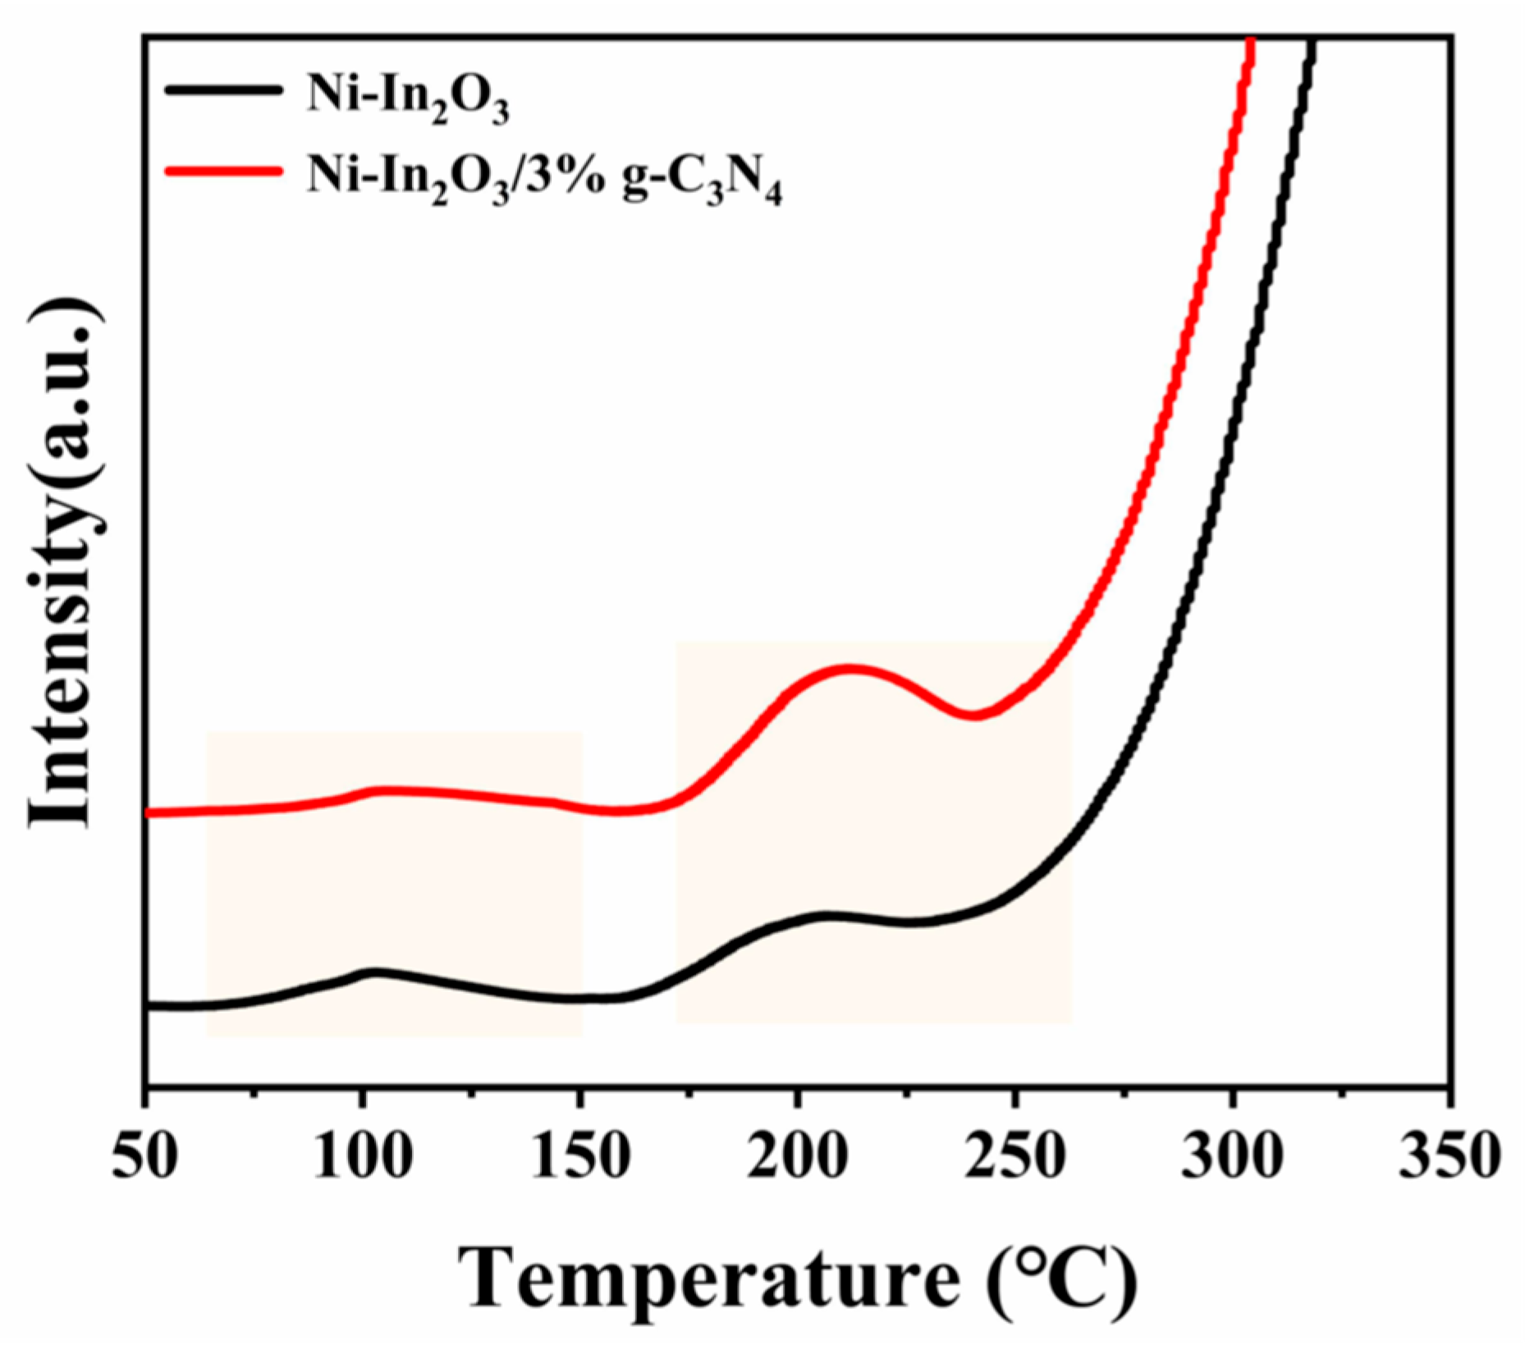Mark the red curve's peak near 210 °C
[850, 670]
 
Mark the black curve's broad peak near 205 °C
[825, 914]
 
